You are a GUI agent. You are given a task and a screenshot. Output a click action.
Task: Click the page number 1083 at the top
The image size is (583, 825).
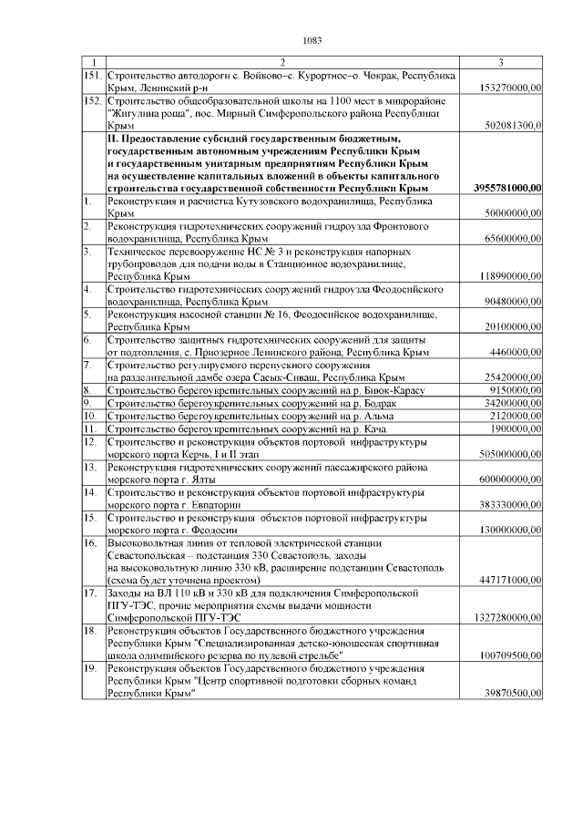pos(312,39)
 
